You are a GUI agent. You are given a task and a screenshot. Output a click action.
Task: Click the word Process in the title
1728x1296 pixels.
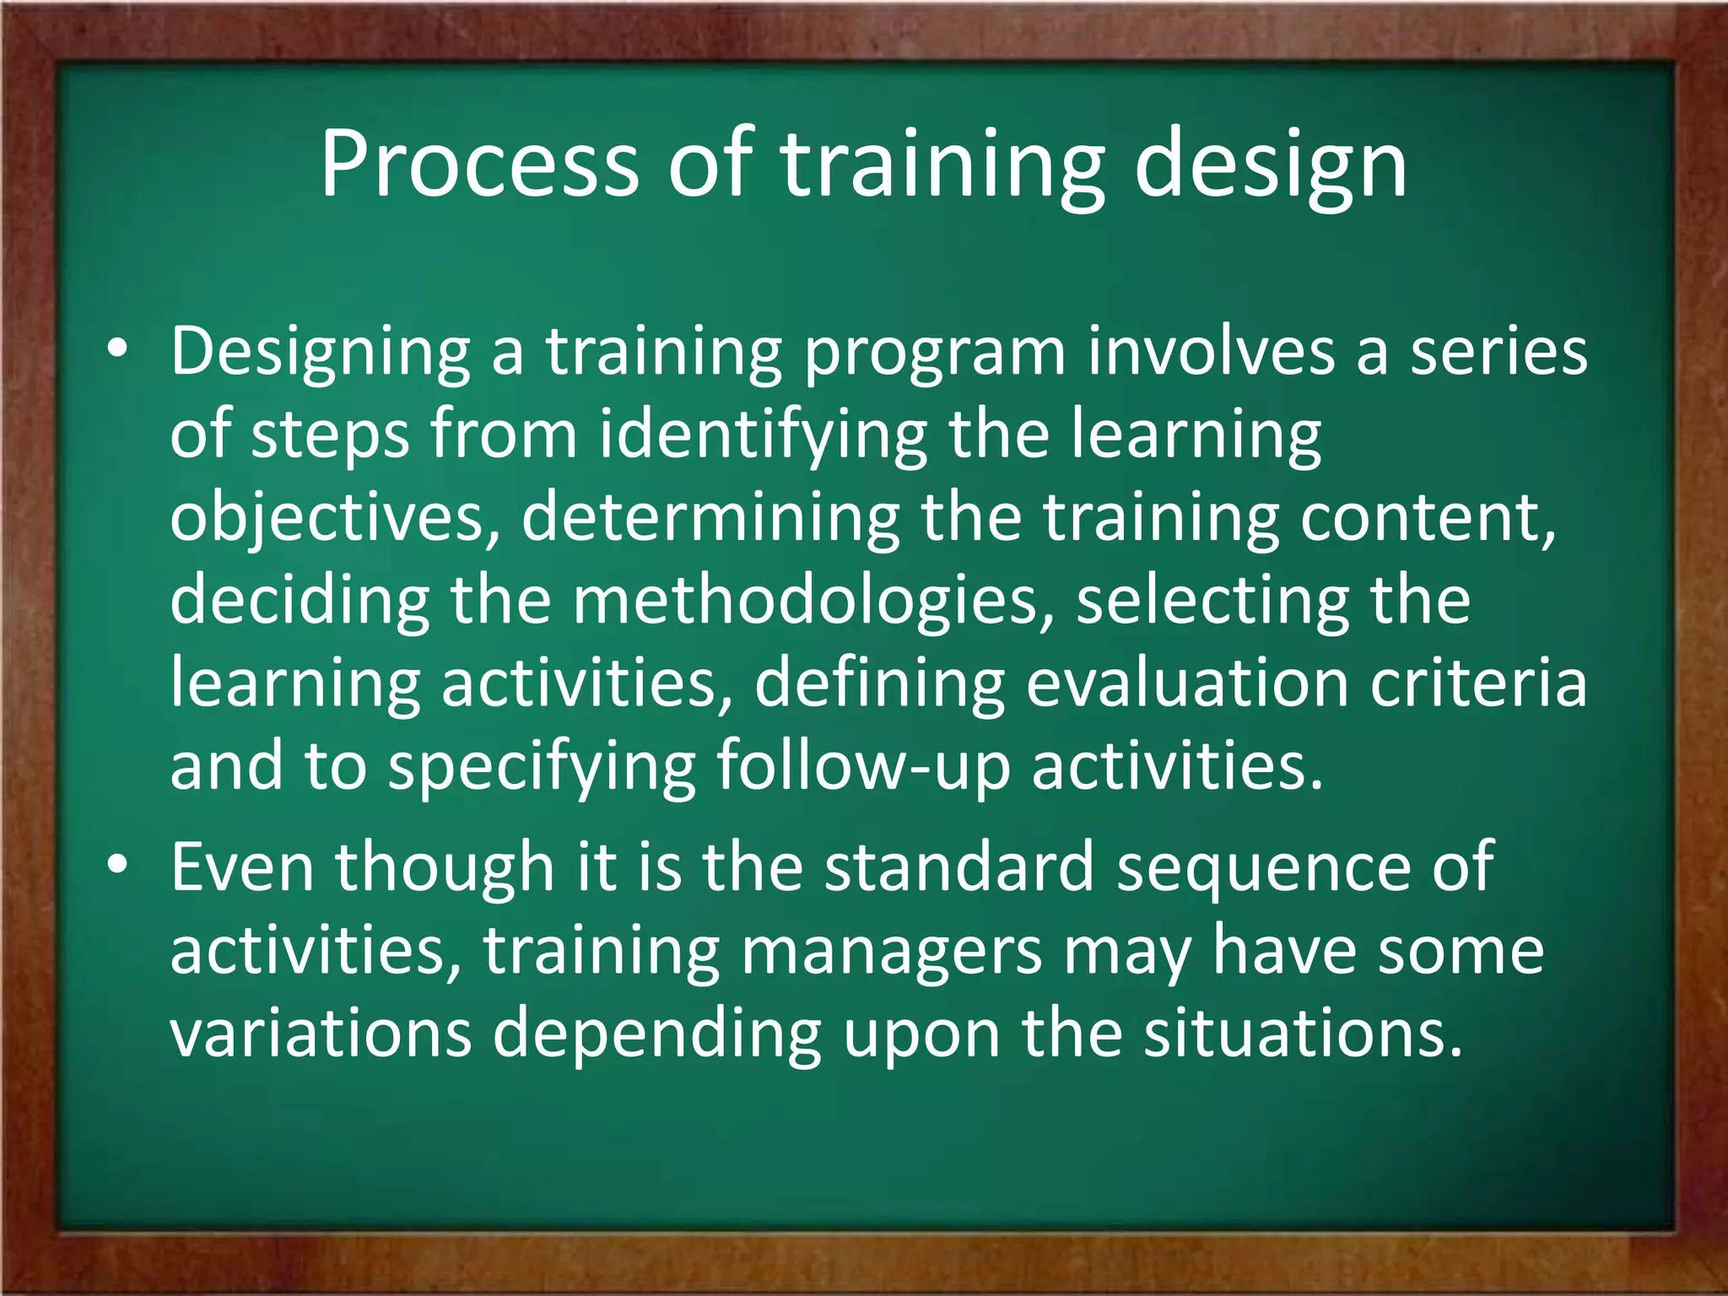coord(479,165)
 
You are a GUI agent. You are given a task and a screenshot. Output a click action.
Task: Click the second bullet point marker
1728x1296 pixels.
coord(118,865)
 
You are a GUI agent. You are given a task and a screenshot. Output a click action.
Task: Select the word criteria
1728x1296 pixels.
coord(1478,683)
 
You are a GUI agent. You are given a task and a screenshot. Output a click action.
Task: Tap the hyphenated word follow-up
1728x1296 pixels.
coord(862,766)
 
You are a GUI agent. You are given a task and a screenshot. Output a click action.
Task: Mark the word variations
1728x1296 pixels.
coord(321,1034)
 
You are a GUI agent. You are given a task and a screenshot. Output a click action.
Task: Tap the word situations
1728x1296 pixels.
coord(1302,1034)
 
